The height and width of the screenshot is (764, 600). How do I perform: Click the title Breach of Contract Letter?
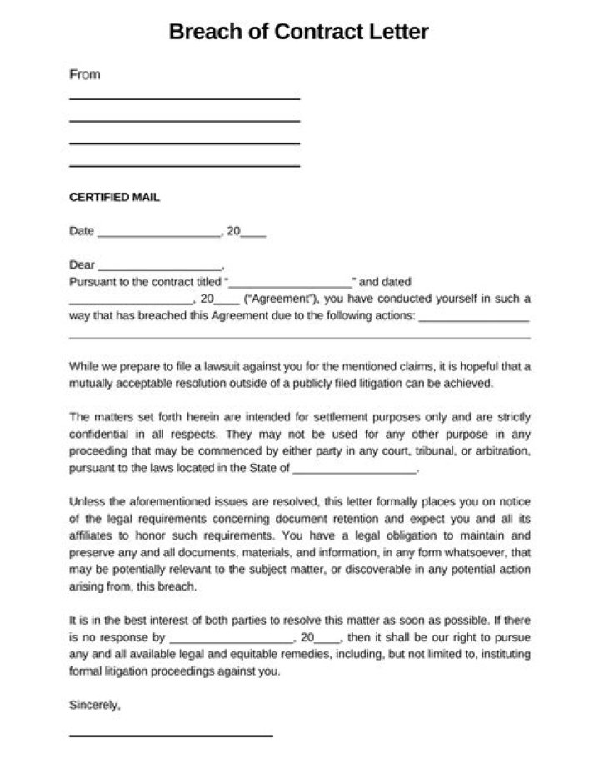(x=299, y=33)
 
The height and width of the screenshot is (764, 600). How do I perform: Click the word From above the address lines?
(x=84, y=74)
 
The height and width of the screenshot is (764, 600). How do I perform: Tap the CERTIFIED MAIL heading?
(x=113, y=198)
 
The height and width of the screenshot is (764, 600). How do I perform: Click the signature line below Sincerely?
(x=170, y=735)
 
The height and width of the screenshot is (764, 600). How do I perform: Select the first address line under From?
(x=183, y=99)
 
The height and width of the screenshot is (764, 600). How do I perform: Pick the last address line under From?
(x=183, y=166)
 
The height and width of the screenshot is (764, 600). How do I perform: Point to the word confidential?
(x=97, y=435)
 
